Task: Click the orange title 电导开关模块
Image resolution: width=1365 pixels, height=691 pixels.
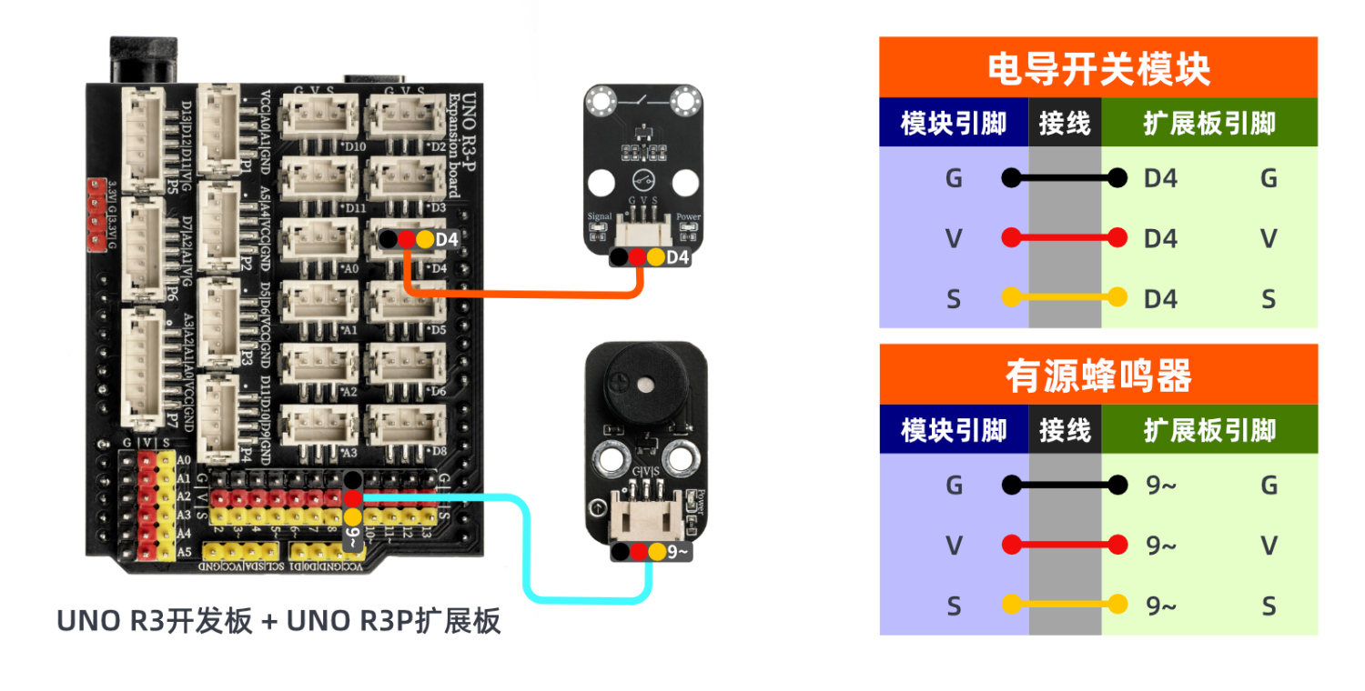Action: pos(1098,68)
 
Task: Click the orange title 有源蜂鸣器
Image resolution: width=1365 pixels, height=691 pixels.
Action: pos(1098,375)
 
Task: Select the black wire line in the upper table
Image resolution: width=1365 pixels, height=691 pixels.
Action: pos(1064,178)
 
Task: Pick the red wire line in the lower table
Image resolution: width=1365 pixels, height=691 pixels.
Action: pos(1064,546)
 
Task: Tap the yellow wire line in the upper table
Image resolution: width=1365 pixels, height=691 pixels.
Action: pos(1064,298)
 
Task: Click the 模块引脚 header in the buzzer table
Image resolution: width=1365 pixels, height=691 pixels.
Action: pos(953,430)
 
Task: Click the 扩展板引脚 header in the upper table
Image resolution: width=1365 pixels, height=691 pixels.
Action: pos(1208,124)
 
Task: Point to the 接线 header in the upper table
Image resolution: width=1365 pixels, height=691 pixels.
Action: pos(1064,124)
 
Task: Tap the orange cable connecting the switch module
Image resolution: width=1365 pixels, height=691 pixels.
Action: pos(519,294)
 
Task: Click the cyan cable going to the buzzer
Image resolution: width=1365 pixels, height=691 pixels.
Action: pos(526,546)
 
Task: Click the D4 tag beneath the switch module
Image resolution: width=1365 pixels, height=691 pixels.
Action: pos(678,258)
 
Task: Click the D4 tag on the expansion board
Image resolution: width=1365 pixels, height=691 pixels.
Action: pos(446,240)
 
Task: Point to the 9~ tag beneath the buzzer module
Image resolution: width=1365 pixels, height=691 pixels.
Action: pos(678,551)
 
